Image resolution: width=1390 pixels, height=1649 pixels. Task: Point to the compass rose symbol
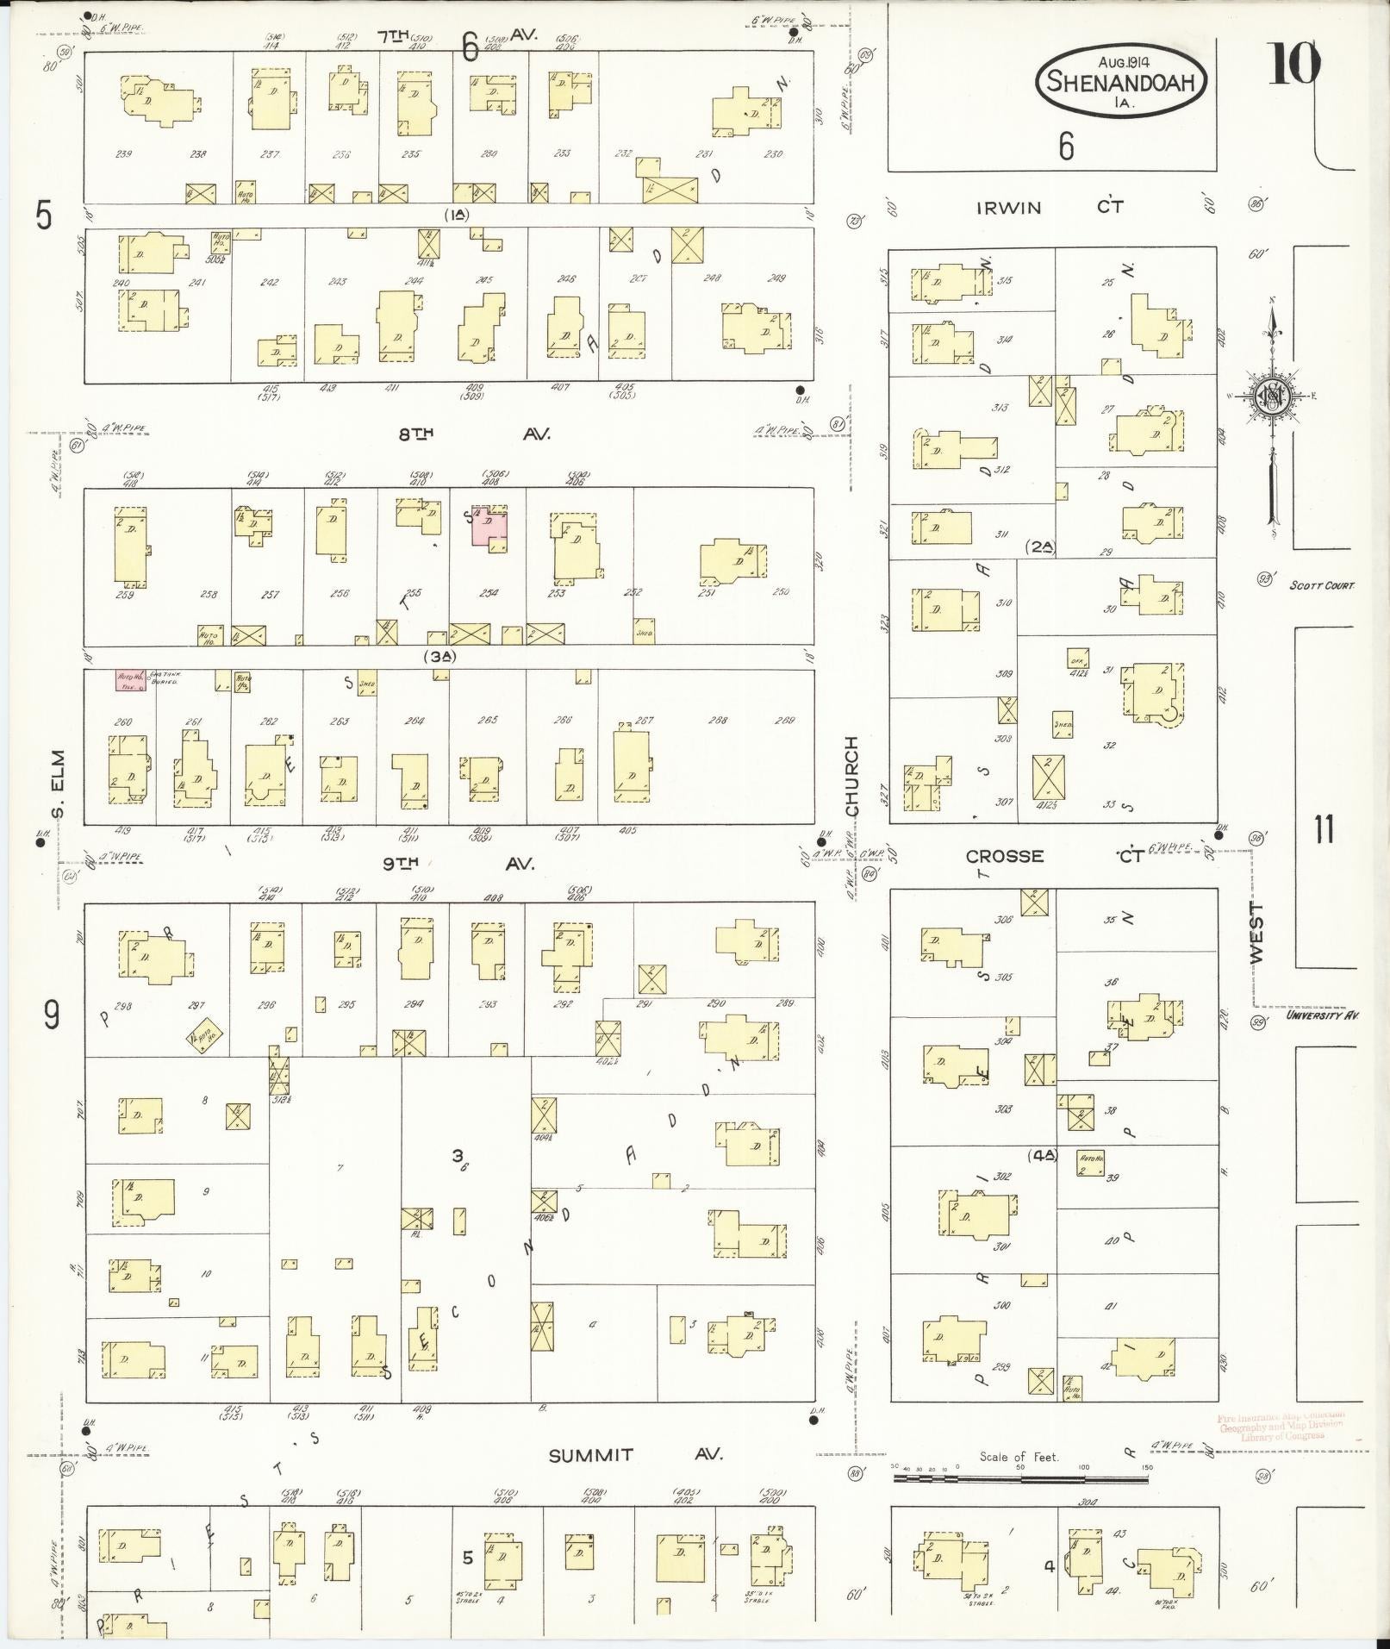point(1271,397)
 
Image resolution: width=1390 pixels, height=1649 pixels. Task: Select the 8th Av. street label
point(474,434)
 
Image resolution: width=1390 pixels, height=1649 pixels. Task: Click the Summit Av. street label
point(636,1455)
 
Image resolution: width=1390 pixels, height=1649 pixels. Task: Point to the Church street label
point(852,776)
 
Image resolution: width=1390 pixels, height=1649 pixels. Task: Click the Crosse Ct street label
point(1051,856)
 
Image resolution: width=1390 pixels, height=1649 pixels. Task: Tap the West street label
point(1256,933)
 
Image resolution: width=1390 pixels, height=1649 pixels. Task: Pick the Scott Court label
point(1322,585)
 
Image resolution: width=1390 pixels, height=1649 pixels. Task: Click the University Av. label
point(1322,1015)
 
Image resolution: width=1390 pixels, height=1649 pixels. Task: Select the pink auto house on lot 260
point(131,680)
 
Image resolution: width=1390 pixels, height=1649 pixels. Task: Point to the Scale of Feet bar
point(1020,1478)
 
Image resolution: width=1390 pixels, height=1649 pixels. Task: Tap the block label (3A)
point(439,657)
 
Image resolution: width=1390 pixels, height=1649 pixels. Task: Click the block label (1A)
point(456,215)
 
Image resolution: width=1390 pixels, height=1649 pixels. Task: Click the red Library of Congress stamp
point(1282,1427)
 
